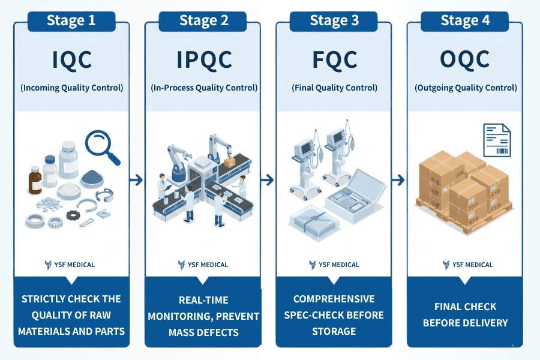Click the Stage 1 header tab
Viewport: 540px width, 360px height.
[71, 20]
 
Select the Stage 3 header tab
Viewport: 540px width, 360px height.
[334, 20]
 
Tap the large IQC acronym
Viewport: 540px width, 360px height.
[71, 59]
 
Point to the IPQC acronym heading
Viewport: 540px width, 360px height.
[203, 59]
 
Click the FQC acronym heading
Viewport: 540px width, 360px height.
[334, 59]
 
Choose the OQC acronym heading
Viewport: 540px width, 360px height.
[465, 59]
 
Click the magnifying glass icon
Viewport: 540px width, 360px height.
[102, 146]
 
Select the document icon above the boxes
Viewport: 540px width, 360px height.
[497, 140]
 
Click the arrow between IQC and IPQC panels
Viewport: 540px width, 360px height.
[137, 179]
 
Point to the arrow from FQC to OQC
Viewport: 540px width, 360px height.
[398, 179]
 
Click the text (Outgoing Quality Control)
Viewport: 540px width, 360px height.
[466, 88]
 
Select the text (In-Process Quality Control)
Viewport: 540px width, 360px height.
[204, 88]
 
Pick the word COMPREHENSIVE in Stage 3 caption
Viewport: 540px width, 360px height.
[334, 299]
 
